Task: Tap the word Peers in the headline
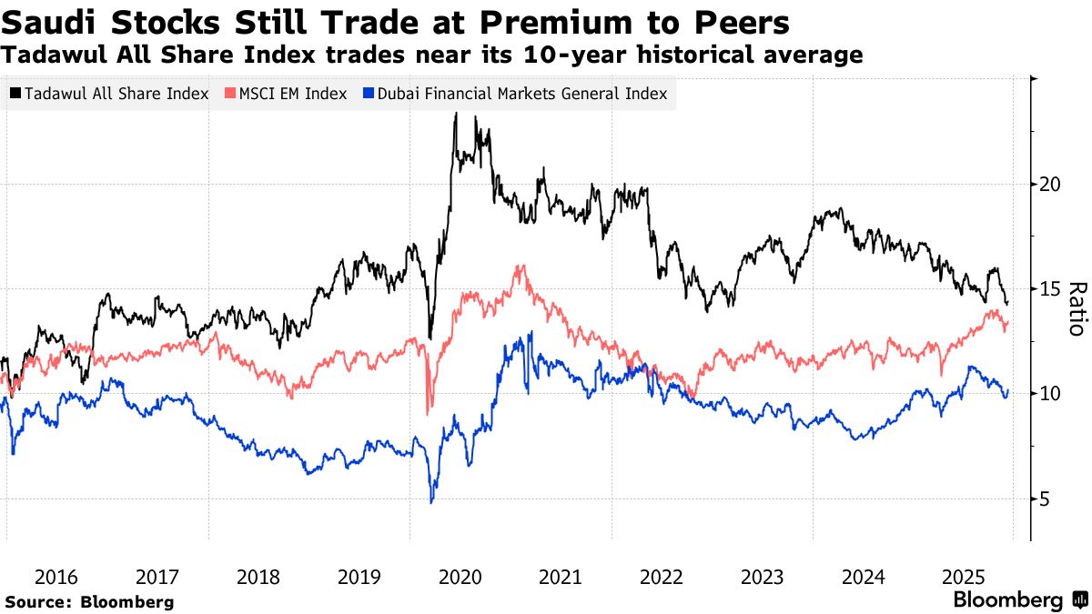coord(737,21)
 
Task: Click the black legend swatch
coord(15,94)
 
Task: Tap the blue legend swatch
coord(367,94)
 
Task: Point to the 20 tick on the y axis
coord(1050,184)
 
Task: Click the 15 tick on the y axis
coord(1050,288)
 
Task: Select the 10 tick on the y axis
coord(1050,394)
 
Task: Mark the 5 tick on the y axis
coord(1045,498)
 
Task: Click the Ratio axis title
coord(1076,309)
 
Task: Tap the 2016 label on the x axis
coord(56,577)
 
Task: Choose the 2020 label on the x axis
coord(460,577)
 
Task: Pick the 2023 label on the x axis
coord(762,577)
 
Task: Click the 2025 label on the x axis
coord(964,577)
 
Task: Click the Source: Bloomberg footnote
coord(89,602)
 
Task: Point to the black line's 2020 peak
coord(454,116)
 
